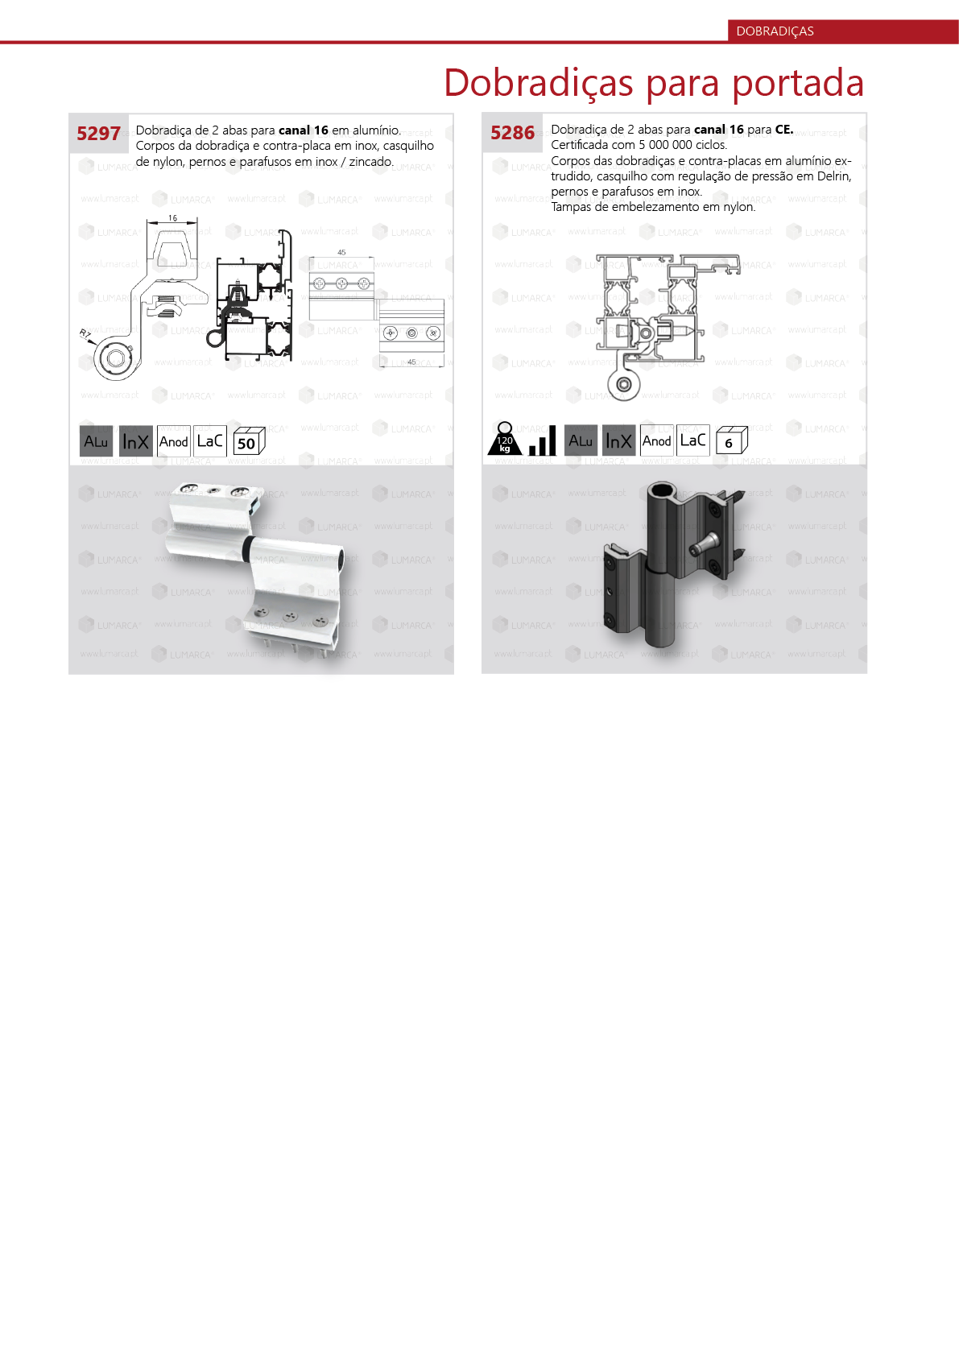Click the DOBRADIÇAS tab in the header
pyautogui.click(x=775, y=31)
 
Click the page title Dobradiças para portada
pyautogui.click(x=654, y=84)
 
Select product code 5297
pyautogui.click(x=98, y=134)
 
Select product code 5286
pyautogui.click(x=512, y=133)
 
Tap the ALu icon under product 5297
pyautogui.click(x=96, y=441)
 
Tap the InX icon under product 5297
pyautogui.click(x=135, y=441)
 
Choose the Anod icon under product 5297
pyautogui.click(x=173, y=441)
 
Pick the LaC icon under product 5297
pyautogui.click(x=210, y=441)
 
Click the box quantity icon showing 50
pyautogui.click(x=248, y=442)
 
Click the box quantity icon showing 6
pyautogui.click(x=731, y=441)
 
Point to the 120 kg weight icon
pyautogui.click(x=505, y=440)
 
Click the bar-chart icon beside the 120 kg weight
pyautogui.click(x=543, y=442)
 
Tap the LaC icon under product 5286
pyautogui.click(x=692, y=440)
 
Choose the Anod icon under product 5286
pyautogui.click(x=656, y=440)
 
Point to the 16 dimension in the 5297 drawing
pyautogui.click(x=172, y=218)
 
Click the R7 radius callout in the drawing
pyautogui.click(x=85, y=334)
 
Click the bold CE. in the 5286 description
pyautogui.click(x=783, y=130)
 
